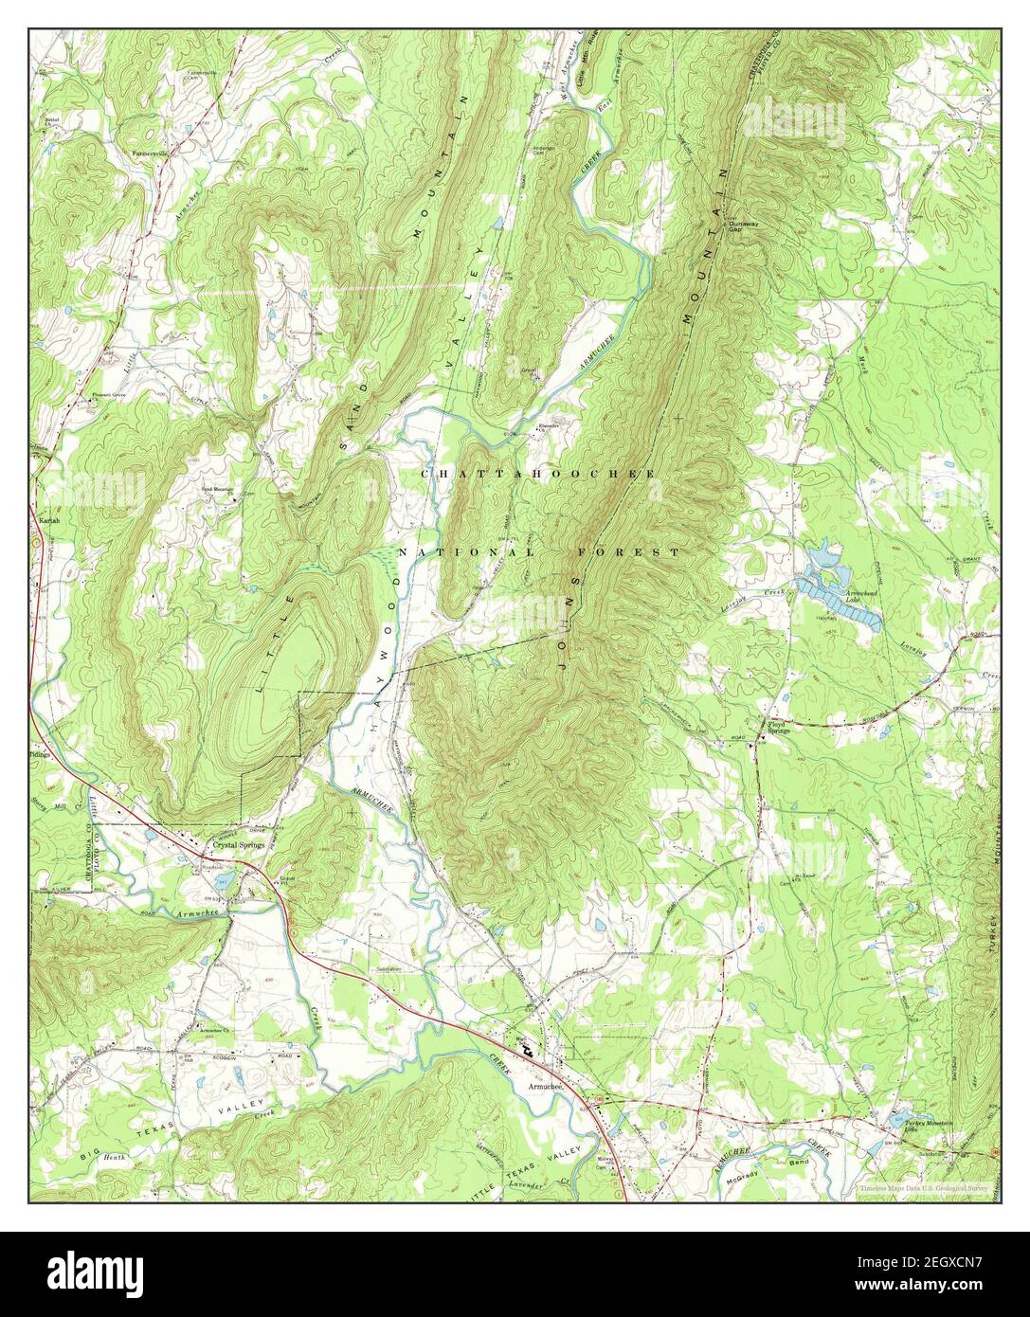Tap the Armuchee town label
544,1087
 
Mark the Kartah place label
46,520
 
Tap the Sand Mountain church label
216,489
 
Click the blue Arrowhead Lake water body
843,606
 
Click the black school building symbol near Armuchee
527,1048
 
